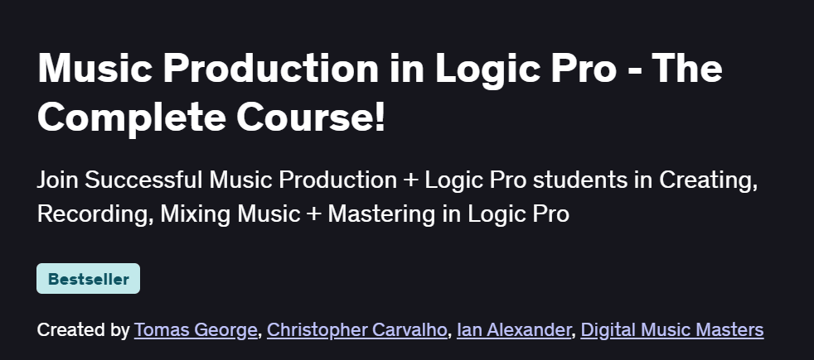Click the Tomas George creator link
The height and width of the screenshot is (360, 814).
point(196,330)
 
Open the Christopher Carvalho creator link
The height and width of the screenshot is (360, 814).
point(357,330)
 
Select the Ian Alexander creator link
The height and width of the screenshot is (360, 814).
point(515,330)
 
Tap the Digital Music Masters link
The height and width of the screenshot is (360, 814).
point(671,330)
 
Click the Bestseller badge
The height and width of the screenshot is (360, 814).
point(88,279)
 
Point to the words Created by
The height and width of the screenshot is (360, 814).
point(83,330)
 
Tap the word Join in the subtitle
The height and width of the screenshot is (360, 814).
point(57,180)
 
